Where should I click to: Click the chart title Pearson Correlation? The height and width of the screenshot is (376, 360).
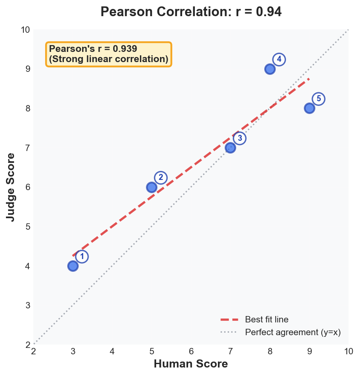click(191, 12)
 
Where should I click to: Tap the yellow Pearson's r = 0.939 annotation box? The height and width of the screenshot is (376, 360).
click(109, 54)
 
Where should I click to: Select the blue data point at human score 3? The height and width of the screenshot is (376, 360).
click(73, 266)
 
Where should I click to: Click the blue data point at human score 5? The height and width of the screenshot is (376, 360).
click(151, 187)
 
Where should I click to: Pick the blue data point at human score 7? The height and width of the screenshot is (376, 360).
click(230, 148)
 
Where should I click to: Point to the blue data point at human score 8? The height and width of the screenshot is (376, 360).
click(270, 69)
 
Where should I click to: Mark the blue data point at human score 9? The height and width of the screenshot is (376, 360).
click(309, 108)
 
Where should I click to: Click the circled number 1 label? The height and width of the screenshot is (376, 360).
click(82, 256)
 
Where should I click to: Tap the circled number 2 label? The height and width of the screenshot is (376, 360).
click(160, 178)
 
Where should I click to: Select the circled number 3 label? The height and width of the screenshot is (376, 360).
click(240, 138)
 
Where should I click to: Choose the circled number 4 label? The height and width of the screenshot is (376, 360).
click(279, 60)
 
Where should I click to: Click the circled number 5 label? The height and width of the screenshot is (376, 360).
click(318, 99)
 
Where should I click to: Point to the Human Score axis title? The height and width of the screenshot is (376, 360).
click(191, 364)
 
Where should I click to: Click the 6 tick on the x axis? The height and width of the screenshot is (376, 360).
click(191, 351)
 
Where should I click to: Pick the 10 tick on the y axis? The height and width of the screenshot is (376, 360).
click(25, 30)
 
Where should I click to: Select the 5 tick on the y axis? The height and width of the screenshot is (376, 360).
click(27, 227)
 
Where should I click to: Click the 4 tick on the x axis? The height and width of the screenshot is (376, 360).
click(112, 351)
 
